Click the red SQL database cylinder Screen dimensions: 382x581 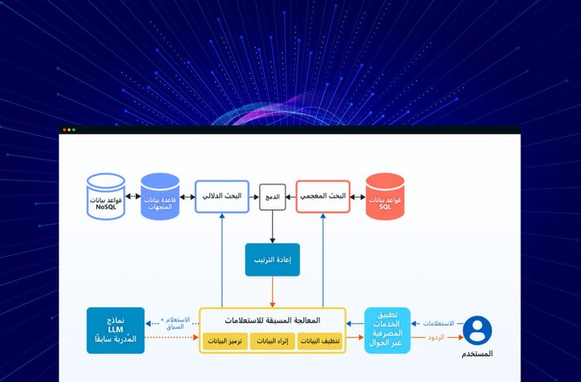click(x=384, y=197)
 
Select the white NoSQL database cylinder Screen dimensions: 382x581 click(x=105, y=197)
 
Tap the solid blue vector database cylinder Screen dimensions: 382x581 click(x=160, y=197)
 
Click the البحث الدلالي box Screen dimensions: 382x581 click(x=222, y=197)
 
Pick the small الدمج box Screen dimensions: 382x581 click(x=272, y=197)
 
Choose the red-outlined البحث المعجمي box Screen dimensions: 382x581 click(x=322, y=197)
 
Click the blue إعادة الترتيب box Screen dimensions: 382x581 click(x=272, y=259)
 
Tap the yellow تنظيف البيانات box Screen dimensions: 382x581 click(x=320, y=340)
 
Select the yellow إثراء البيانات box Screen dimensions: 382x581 click(x=272, y=340)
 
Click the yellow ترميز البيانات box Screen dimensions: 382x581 click(x=225, y=340)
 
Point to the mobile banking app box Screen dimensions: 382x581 click(x=387, y=331)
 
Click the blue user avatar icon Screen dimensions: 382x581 click(x=477, y=330)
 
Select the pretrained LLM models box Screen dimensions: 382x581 click(x=115, y=331)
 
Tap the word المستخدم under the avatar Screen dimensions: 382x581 click(x=476, y=355)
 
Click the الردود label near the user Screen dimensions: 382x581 click(x=436, y=338)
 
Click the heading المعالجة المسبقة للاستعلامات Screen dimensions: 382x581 click(x=272, y=320)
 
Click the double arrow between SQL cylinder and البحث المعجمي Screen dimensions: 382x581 click(x=358, y=197)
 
